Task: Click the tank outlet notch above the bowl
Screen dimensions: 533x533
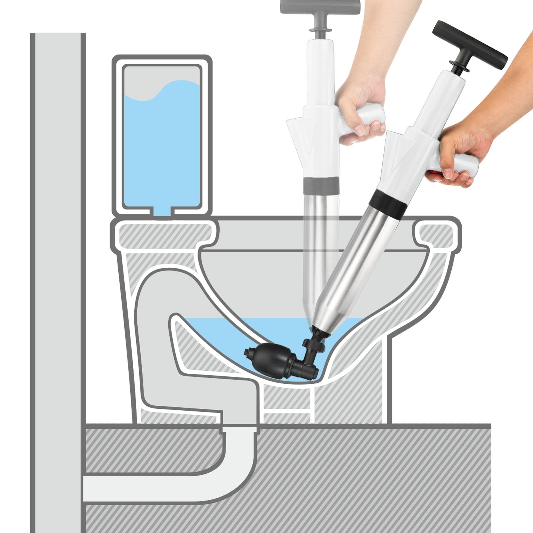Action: [162, 212]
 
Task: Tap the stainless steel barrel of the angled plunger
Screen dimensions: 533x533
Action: [360, 266]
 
